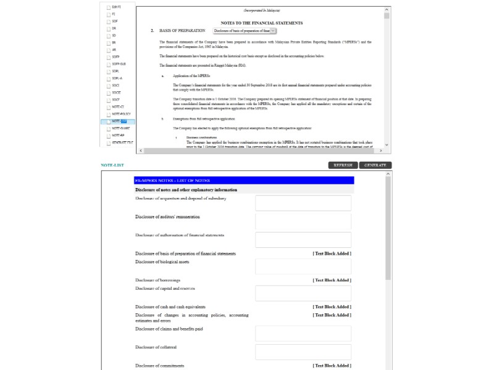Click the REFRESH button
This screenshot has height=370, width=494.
pyautogui.click(x=343, y=165)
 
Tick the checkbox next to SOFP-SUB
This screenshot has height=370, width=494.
pyautogui.click(x=109, y=64)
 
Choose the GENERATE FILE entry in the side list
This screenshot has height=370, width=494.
pyautogui.click(x=122, y=142)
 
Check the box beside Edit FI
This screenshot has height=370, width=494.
pyautogui.click(x=109, y=7)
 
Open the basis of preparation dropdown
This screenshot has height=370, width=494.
pyautogui.click(x=245, y=30)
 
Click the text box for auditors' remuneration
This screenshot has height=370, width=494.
pyautogui.click(x=303, y=221)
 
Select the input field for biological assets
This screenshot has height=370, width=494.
pyautogui.click(x=303, y=266)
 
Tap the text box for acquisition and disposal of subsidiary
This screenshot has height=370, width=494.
pyautogui.click(x=303, y=203)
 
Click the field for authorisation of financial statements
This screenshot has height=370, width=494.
pyautogui.click(x=303, y=240)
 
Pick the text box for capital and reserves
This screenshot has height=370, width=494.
pyautogui.click(x=303, y=293)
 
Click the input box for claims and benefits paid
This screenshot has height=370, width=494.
pyautogui.click(x=303, y=334)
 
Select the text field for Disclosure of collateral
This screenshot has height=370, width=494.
pyautogui.click(x=303, y=352)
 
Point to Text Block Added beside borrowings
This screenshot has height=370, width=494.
pyautogui.click(x=332, y=280)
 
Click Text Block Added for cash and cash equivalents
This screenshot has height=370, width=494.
pyautogui.click(x=332, y=306)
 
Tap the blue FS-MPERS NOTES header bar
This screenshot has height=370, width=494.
pyautogui.click(x=244, y=180)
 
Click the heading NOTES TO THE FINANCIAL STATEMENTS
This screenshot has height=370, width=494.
pyautogui.click(x=262, y=23)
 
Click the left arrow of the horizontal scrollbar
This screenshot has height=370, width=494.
pyautogui.click(x=140, y=150)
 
